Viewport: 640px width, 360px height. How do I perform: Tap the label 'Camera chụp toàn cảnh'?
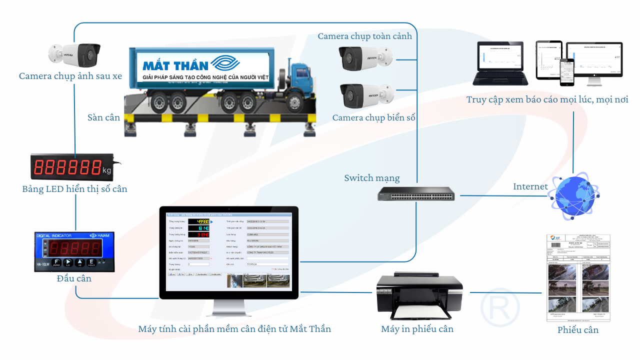[x=365, y=36]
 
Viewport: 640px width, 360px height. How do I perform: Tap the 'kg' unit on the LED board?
[x=106, y=170]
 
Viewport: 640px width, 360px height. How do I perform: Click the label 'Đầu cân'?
[x=74, y=278]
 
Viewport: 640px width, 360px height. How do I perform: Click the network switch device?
[x=416, y=193]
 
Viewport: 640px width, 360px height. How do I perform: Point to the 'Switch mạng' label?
[x=372, y=178]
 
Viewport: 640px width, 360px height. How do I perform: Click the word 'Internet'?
[x=530, y=186]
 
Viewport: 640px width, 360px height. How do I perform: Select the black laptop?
[x=500, y=64]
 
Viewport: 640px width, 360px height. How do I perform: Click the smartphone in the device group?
[x=567, y=72]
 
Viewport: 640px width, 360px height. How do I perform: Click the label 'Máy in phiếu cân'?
[x=417, y=329]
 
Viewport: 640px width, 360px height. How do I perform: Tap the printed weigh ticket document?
[x=578, y=277]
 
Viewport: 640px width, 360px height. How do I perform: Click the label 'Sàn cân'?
[x=104, y=117]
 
